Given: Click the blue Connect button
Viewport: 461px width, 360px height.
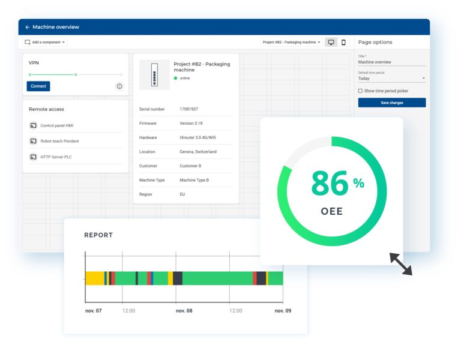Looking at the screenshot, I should (38, 86).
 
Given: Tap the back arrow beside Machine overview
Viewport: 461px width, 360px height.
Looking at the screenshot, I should (28, 27).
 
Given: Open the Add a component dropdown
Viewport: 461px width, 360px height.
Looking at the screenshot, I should (45, 43).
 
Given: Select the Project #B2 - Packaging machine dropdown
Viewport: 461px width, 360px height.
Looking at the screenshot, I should (292, 43).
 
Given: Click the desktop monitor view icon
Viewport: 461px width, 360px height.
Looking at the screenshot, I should (331, 43).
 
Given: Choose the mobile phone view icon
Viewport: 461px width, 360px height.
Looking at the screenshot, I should (343, 43).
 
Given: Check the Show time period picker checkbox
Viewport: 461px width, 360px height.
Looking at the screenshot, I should (360, 91).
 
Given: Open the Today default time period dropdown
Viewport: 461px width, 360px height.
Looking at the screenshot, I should (391, 79).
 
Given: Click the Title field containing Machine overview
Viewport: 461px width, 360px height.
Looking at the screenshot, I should (391, 62).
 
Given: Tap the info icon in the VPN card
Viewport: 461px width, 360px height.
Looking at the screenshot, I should (119, 86).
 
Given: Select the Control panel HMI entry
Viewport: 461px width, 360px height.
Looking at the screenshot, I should (56, 125).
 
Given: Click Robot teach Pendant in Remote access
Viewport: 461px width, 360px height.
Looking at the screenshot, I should (59, 141).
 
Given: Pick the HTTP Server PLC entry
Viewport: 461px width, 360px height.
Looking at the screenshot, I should (56, 157).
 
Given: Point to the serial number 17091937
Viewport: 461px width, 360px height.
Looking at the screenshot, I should (188, 109).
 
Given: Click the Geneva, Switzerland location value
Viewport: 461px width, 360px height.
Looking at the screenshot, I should (198, 152).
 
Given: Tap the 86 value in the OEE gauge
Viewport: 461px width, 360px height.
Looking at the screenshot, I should (330, 184).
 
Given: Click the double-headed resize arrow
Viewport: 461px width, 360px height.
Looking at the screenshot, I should (400, 263).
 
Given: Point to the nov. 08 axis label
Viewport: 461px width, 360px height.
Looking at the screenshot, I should (184, 311).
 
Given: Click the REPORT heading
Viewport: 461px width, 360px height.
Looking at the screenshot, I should (98, 235).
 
